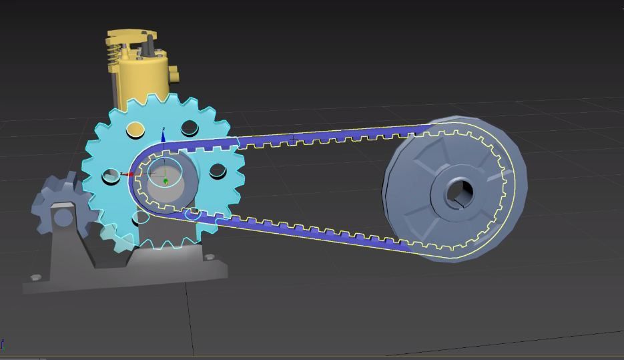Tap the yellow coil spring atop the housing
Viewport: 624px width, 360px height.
coord(115,49)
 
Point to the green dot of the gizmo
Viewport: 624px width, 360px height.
coord(166,181)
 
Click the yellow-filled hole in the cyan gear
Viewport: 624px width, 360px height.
coord(135,130)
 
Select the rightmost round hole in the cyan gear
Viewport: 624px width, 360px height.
coord(218,171)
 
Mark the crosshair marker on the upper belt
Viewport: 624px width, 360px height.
coord(292,139)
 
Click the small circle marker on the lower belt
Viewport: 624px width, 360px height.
coord(194,214)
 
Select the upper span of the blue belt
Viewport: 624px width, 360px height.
coord(334,136)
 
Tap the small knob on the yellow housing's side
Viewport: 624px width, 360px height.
coord(174,72)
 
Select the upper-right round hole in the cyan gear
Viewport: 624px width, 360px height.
coord(189,126)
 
